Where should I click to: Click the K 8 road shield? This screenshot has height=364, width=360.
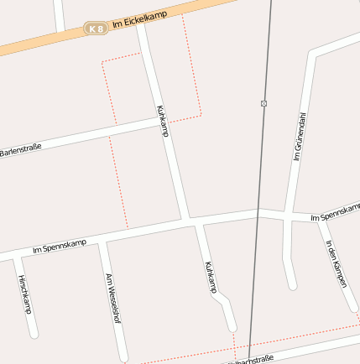(97, 29)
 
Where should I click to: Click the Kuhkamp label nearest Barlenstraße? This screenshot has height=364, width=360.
(162, 121)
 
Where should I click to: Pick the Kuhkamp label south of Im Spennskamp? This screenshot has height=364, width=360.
(210, 277)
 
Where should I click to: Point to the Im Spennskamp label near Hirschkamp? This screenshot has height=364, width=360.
(59, 246)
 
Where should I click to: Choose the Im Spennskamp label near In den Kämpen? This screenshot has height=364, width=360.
(335, 214)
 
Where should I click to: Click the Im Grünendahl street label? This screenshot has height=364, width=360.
(299, 136)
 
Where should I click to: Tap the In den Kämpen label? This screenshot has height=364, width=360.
(336, 264)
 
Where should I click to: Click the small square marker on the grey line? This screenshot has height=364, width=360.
(263, 103)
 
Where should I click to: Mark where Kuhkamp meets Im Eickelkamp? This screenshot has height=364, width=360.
(142, 26)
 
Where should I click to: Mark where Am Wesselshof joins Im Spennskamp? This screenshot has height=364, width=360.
(101, 240)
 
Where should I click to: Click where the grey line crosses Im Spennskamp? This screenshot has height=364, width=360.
(257, 213)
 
